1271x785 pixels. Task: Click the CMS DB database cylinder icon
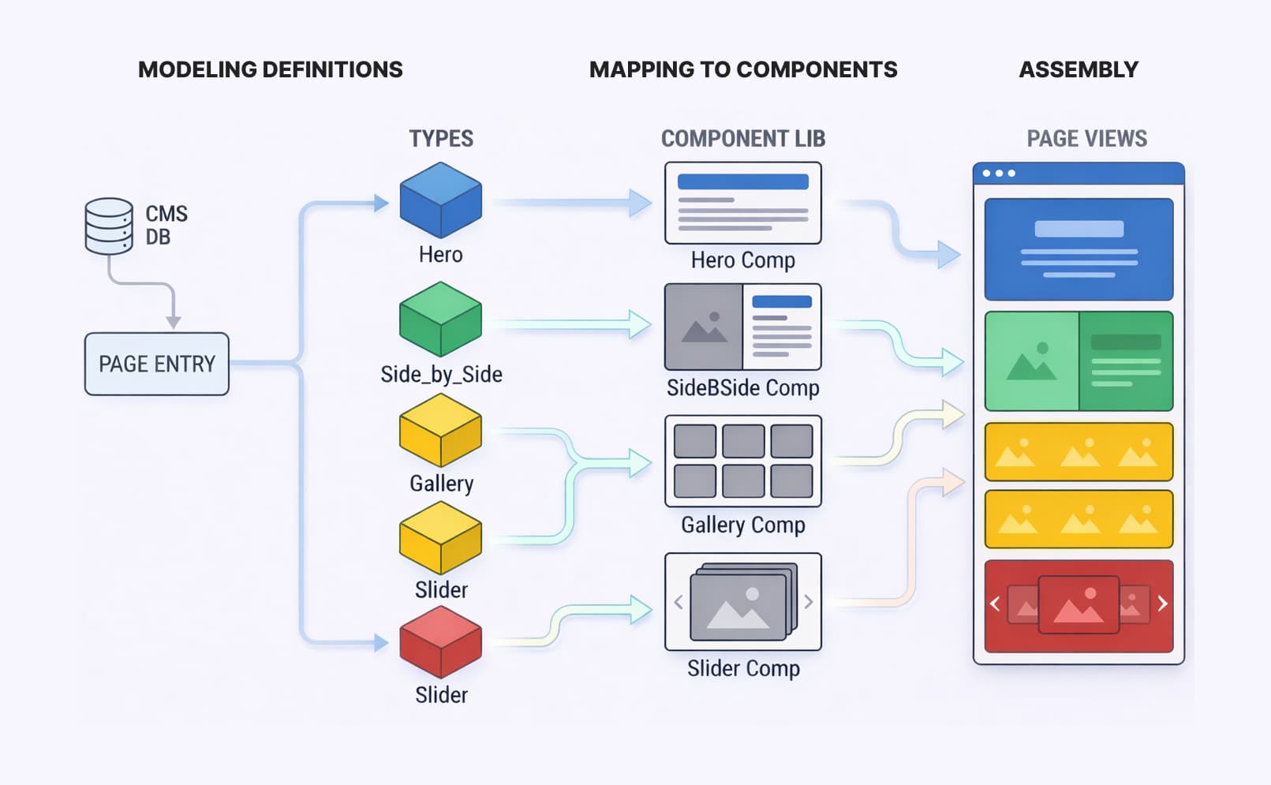[109, 226]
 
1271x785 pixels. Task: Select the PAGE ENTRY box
[156, 364]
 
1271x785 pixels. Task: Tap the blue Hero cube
[440, 200]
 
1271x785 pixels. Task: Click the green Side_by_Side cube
[440, 319]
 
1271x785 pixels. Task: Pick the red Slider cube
[440, 641]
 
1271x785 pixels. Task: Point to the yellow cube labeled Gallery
[440, 430]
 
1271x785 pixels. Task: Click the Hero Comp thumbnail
[742, 204]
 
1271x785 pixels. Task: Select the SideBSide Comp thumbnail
[742, 327]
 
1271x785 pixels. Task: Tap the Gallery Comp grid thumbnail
[742, 461]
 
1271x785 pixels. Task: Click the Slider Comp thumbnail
[742, 601]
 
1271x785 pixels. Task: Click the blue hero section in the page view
[1078, 249]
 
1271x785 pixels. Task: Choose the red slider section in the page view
[1078, 606]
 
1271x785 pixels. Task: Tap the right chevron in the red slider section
[1162, 604]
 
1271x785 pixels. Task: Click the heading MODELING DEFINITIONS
[270, 69]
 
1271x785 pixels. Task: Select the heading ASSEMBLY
[1078, 69]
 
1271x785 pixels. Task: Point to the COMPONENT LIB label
[742, 139]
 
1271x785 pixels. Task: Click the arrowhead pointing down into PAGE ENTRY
[174, 322]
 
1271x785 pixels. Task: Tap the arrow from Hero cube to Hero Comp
[568, 203]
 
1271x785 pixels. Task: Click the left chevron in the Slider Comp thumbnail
[678, 602]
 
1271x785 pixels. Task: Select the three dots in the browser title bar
[999, 173]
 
